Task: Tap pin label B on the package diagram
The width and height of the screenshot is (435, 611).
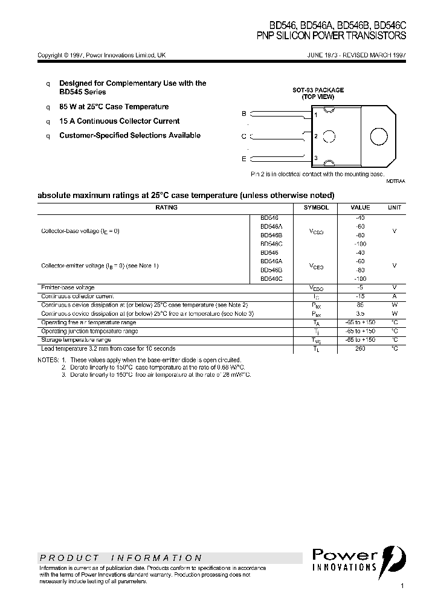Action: tap(244, 114)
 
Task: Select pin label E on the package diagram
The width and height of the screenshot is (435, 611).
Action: tap(244, 159)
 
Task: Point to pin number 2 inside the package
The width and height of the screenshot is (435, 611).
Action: tap(316, 136)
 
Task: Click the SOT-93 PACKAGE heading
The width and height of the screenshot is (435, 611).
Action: tap(318, 90)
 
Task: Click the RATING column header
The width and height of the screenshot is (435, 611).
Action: tap(167, 207)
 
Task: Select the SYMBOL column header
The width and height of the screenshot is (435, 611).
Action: tap(316, 207)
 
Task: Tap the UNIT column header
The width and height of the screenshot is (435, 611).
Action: tap(394, 207)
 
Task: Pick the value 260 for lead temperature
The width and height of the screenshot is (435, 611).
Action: tap(361, 348)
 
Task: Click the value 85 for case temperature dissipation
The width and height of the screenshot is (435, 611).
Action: tap(361, 305)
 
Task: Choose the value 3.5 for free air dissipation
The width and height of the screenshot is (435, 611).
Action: tap(361, 313)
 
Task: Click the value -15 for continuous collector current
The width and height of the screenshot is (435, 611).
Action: tap(361, 296)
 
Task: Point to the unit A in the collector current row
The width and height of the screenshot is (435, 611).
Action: tap(394, 296)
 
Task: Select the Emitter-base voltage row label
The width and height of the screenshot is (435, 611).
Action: tap(68, 287)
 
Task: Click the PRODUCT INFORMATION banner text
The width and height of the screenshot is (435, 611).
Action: tap(121, 558)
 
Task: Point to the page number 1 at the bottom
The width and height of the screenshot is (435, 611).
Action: tap(402, 586)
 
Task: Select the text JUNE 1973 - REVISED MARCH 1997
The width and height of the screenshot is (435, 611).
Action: tap(356, 55)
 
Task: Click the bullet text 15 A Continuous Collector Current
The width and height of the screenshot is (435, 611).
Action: tap(119, 121)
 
